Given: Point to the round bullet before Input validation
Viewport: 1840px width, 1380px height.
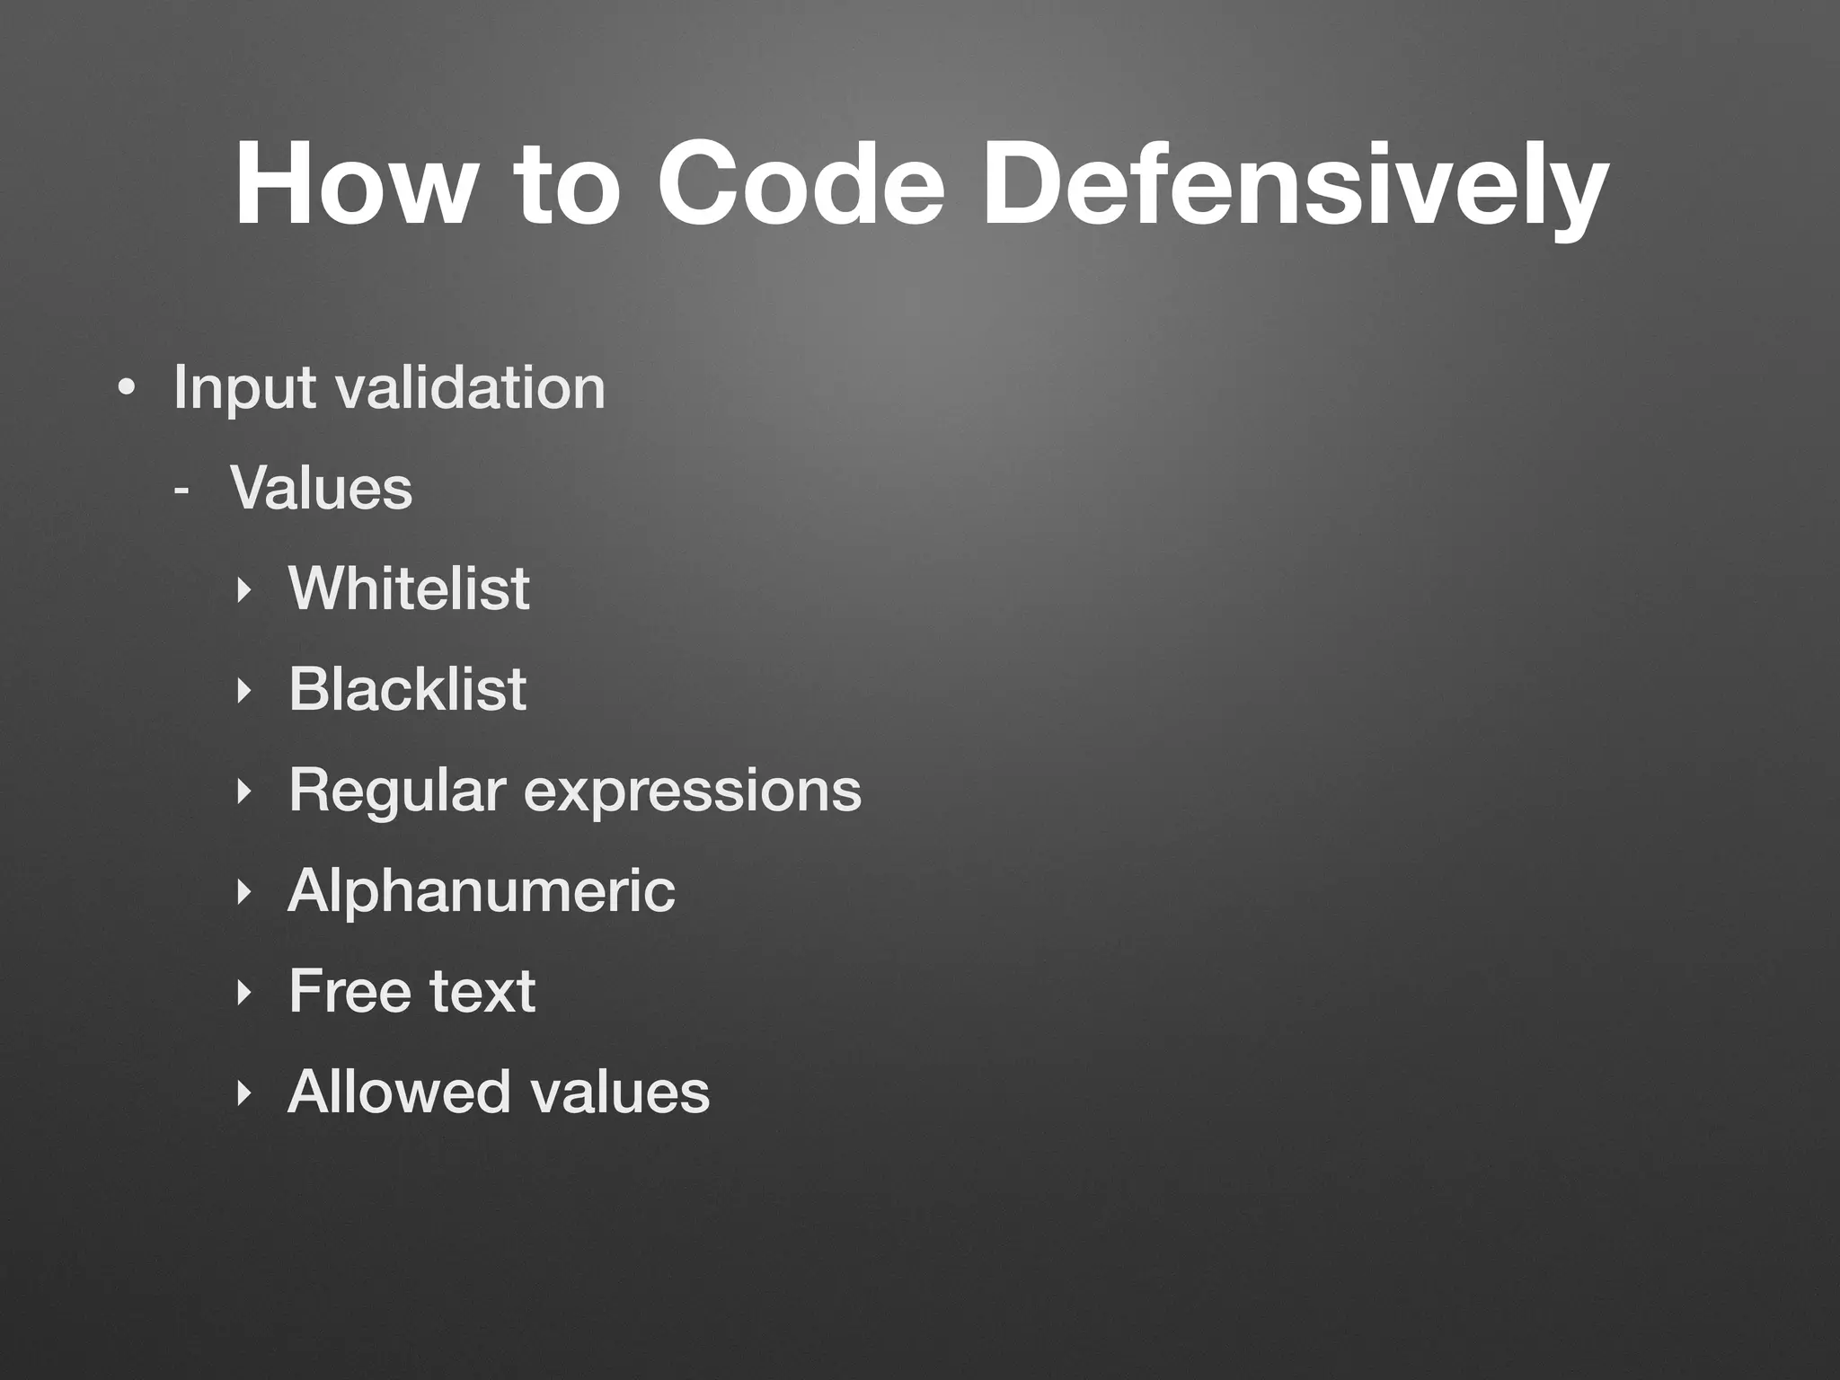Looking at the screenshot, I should point(127,390).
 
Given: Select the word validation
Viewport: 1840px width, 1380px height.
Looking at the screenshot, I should point(470,388).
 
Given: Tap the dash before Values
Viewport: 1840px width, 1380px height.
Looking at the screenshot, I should point(182,491).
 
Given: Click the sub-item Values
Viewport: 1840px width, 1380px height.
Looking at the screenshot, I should point(322,489).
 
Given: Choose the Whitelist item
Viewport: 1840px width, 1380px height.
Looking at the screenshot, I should point(409,589).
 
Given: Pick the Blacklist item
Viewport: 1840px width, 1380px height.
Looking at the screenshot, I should point(407,690).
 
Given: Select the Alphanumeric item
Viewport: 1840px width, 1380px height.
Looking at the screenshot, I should point(482,891).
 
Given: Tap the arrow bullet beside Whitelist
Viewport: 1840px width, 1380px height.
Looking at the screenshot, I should point(241,591).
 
